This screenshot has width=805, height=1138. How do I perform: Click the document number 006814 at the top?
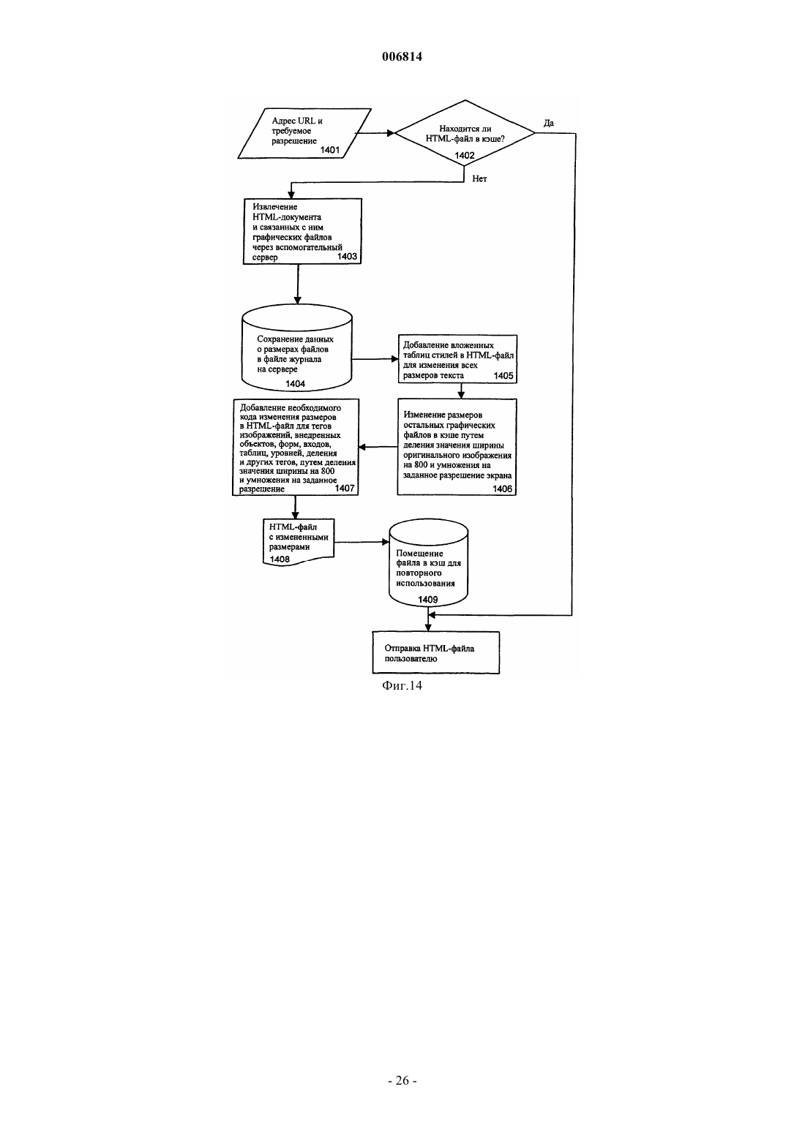coord(402,56)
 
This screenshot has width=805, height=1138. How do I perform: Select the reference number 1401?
coord(330,150)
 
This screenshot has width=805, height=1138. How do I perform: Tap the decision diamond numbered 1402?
coord(465,133)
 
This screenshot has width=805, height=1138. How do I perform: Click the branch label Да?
coord(548,123)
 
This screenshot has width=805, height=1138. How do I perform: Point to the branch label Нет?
coord(479,179)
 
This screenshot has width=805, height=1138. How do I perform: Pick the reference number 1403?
coord(347,257)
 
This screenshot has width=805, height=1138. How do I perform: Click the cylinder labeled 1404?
coord(297,348)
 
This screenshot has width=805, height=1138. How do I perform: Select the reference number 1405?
coord(503,376)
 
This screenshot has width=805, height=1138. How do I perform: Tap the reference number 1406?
coord(503,489)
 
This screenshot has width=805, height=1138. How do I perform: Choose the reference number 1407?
coord(345,489)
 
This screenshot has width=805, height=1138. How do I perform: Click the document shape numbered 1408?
coord(299,542)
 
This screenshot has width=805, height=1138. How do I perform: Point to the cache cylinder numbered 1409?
coord(428,563)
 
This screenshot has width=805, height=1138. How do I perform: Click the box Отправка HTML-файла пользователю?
coord(436,653)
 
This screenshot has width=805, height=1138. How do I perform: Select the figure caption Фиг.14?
coord(402,686)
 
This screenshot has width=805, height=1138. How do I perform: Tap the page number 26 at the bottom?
coord(402,1080)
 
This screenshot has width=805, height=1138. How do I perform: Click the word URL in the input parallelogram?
coord(307,121)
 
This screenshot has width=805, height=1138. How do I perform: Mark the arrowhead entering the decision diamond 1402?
coord(392,133)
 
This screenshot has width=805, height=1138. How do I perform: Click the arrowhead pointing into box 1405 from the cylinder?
coord(394,359)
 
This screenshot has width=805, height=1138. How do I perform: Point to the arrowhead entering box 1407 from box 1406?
coord(362,447)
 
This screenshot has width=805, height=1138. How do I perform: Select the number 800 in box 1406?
coord(422,465)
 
